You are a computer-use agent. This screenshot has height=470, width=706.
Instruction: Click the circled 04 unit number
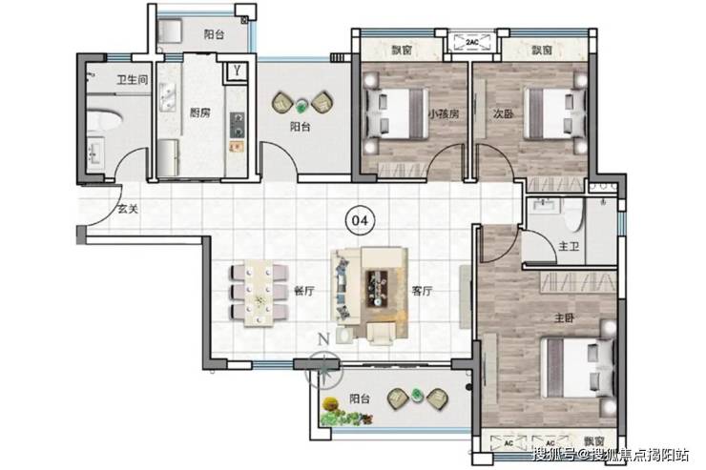click(360, 220)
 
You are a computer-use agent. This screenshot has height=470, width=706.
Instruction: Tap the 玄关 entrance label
click(128, 209)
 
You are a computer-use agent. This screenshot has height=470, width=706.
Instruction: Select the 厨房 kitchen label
click(200, 112)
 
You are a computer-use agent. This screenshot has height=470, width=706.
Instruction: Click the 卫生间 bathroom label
click(133, 80)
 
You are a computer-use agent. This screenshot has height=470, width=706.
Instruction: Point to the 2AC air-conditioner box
click(472, 42)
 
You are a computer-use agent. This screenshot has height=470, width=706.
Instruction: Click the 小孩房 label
click(443, 113)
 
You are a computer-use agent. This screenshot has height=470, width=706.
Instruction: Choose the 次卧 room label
click(503, 113)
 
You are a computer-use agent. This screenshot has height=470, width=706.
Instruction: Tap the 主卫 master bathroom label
click(569, 246)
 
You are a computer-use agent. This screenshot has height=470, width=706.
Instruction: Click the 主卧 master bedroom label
click(564, 318)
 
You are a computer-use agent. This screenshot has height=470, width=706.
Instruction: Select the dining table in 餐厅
click(260, 293)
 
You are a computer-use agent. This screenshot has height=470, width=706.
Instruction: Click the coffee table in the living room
click(377, 289)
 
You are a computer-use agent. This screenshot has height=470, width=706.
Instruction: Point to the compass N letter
click(323, 338)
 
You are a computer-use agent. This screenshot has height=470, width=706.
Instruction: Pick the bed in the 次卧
click(554, 113)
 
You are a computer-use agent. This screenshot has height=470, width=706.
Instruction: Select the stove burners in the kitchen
click(238, 125)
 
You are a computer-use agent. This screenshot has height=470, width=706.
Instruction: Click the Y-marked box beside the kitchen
click(238, 71)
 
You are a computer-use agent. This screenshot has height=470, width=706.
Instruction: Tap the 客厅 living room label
click(422, 291)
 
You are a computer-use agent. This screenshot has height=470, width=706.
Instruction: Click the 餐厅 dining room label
click(304, 291)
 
